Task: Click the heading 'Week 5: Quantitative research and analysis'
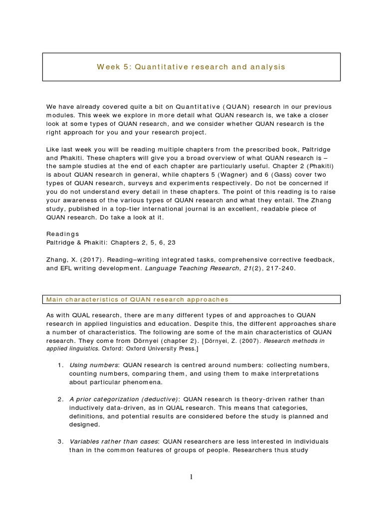pos(191,67)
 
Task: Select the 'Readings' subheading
pos(62,234)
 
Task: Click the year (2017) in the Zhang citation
pos(85,260)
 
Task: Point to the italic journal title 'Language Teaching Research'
pos(190,268)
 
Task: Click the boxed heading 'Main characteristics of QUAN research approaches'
pos(137,299)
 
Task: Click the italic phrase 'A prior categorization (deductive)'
pos(124,399)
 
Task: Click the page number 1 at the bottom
pos(191,477)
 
